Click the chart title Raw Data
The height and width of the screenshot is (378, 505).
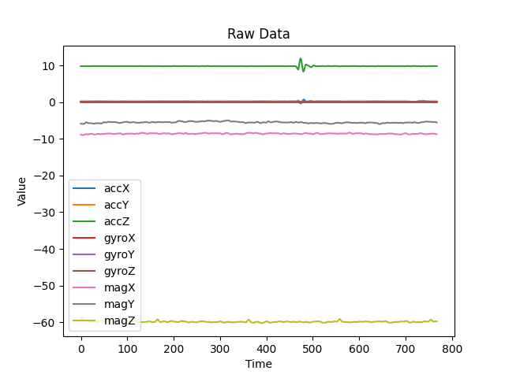coord(258,34)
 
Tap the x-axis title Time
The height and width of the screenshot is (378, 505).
coord(258,364)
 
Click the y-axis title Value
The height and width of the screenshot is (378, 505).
coord(22,191)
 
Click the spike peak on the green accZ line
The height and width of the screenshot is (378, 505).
coord(301,58)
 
